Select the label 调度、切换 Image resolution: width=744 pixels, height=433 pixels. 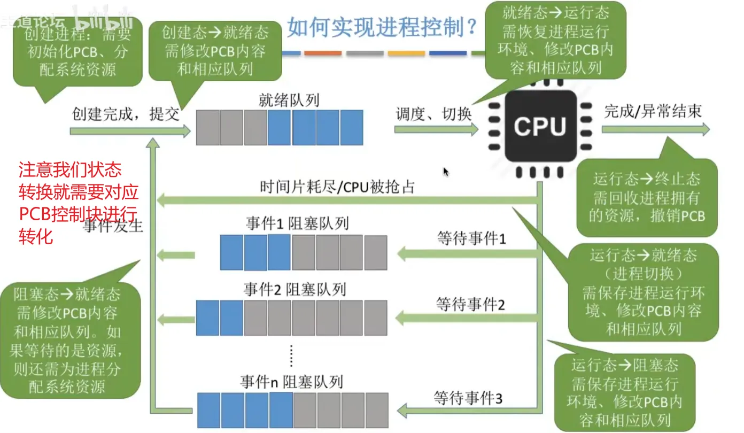[x=433, y=114]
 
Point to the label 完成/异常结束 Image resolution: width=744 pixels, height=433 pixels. [x=653, y=111]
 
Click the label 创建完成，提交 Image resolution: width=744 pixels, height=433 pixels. [x=126, y=114]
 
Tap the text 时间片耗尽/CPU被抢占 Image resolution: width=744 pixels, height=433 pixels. [x=337, y=187]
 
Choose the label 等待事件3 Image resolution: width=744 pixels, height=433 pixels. [x=468, y=399]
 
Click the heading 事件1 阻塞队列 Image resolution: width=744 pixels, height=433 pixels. [x=297, y=223]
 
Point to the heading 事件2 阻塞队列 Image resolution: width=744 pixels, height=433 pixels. [x=294, y=290]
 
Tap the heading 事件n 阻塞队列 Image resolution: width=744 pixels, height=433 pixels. [x=291, y=382]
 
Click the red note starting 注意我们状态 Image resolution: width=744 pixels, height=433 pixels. [x=78, y=203]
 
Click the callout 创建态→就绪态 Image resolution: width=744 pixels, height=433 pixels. [x=215, y=51]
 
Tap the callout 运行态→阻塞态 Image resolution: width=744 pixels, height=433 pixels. [x=624, y=392]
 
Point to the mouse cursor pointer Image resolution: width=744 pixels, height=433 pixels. [x=445, y=171]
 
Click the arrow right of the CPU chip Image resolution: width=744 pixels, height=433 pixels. [x=655, y=130]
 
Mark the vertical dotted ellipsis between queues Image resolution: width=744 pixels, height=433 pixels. [x=291, y=355]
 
